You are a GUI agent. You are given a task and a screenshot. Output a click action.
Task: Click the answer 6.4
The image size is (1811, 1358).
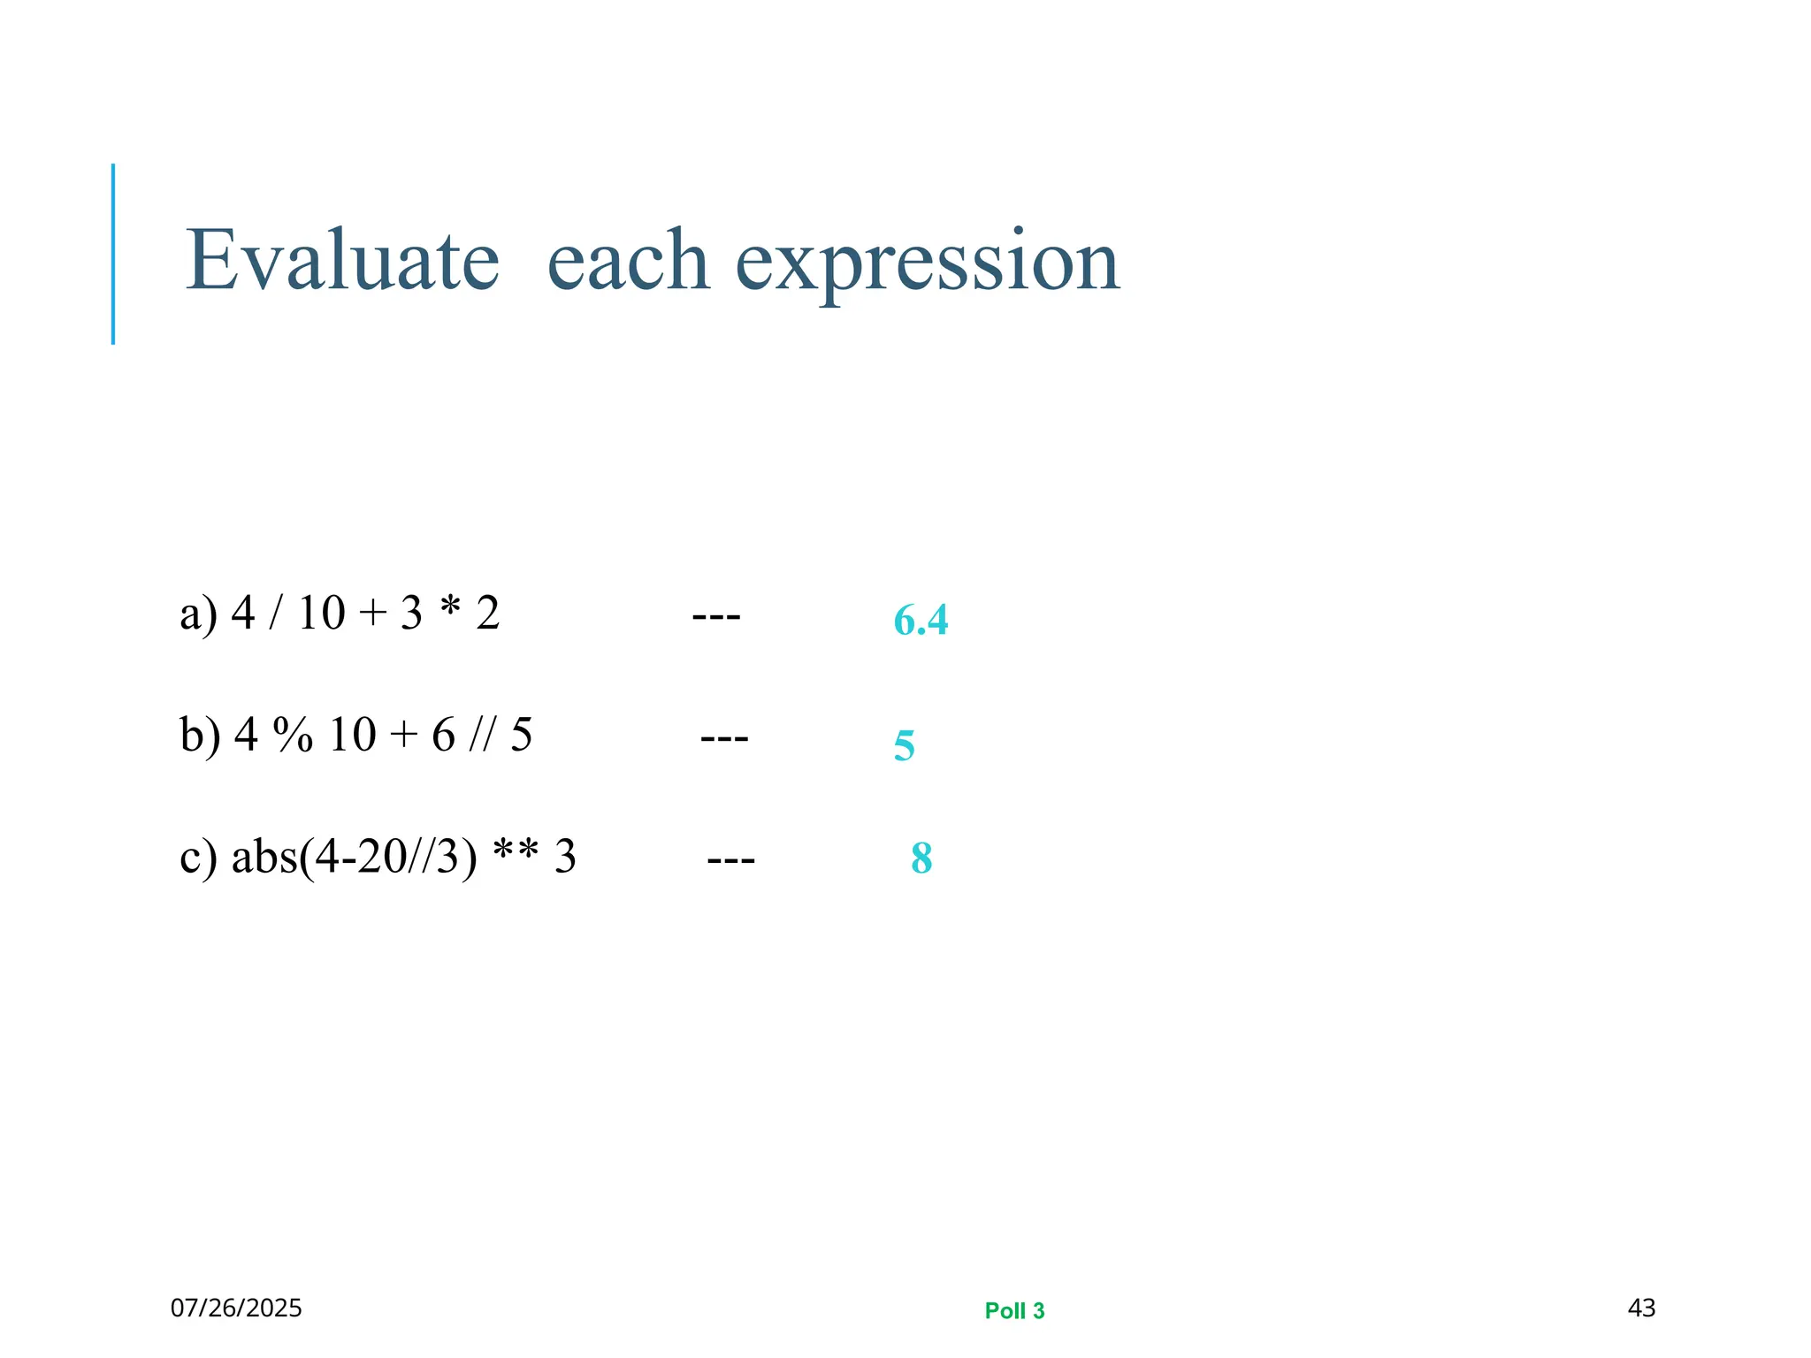(921, 620)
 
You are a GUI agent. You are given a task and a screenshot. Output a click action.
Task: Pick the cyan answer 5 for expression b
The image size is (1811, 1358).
(904, 745)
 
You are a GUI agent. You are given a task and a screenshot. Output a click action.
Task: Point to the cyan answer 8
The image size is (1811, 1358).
(921, 858)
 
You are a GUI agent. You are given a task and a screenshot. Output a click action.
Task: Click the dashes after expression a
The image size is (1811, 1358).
(716, 614)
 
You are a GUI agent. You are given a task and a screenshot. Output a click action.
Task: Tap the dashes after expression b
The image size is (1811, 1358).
(724, 736)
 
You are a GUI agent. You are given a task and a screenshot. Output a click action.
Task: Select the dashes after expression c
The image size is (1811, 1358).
(731, 858)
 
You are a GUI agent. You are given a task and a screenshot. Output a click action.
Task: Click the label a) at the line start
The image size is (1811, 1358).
(198, 614)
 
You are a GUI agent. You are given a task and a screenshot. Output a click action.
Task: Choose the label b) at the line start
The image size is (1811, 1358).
(200, 735)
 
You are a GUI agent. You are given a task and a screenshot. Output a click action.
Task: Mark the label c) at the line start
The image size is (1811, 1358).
(198, 857)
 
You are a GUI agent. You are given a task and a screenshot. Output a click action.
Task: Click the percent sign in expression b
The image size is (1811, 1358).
(293, 735)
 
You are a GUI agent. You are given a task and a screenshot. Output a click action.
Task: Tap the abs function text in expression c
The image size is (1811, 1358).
(264, 856)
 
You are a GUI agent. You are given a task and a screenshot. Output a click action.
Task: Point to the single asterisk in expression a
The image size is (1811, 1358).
(450, 608)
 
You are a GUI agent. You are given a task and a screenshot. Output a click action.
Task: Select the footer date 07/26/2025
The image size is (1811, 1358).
(236, 1308)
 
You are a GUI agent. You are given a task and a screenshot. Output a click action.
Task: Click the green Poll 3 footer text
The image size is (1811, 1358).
(1014, 1310)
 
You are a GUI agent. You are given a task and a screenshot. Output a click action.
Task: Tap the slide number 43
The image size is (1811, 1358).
(1641, 1308)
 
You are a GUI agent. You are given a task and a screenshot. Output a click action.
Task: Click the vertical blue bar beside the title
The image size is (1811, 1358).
(113, 254)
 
